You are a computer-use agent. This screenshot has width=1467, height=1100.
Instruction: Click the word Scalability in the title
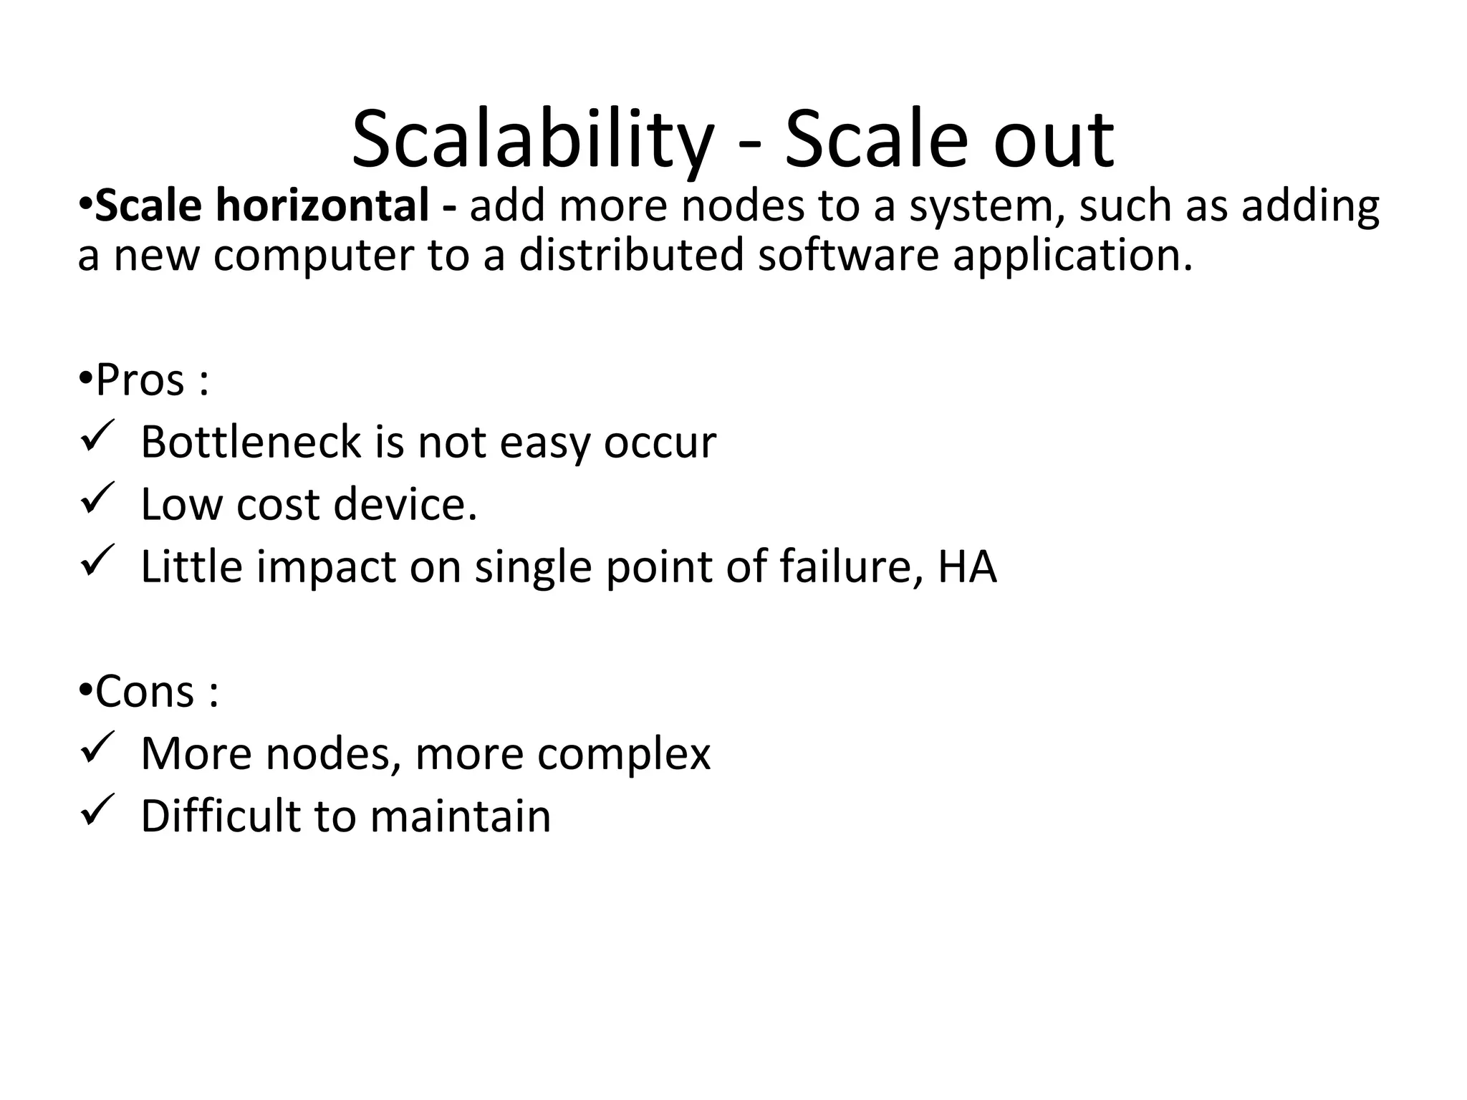coord(532,140)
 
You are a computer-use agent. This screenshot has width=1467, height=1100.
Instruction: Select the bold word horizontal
coord(322,206)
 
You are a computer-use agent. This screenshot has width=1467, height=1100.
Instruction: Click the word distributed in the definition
coord(631,255)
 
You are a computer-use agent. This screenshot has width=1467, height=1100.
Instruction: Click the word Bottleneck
coord(251,442)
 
